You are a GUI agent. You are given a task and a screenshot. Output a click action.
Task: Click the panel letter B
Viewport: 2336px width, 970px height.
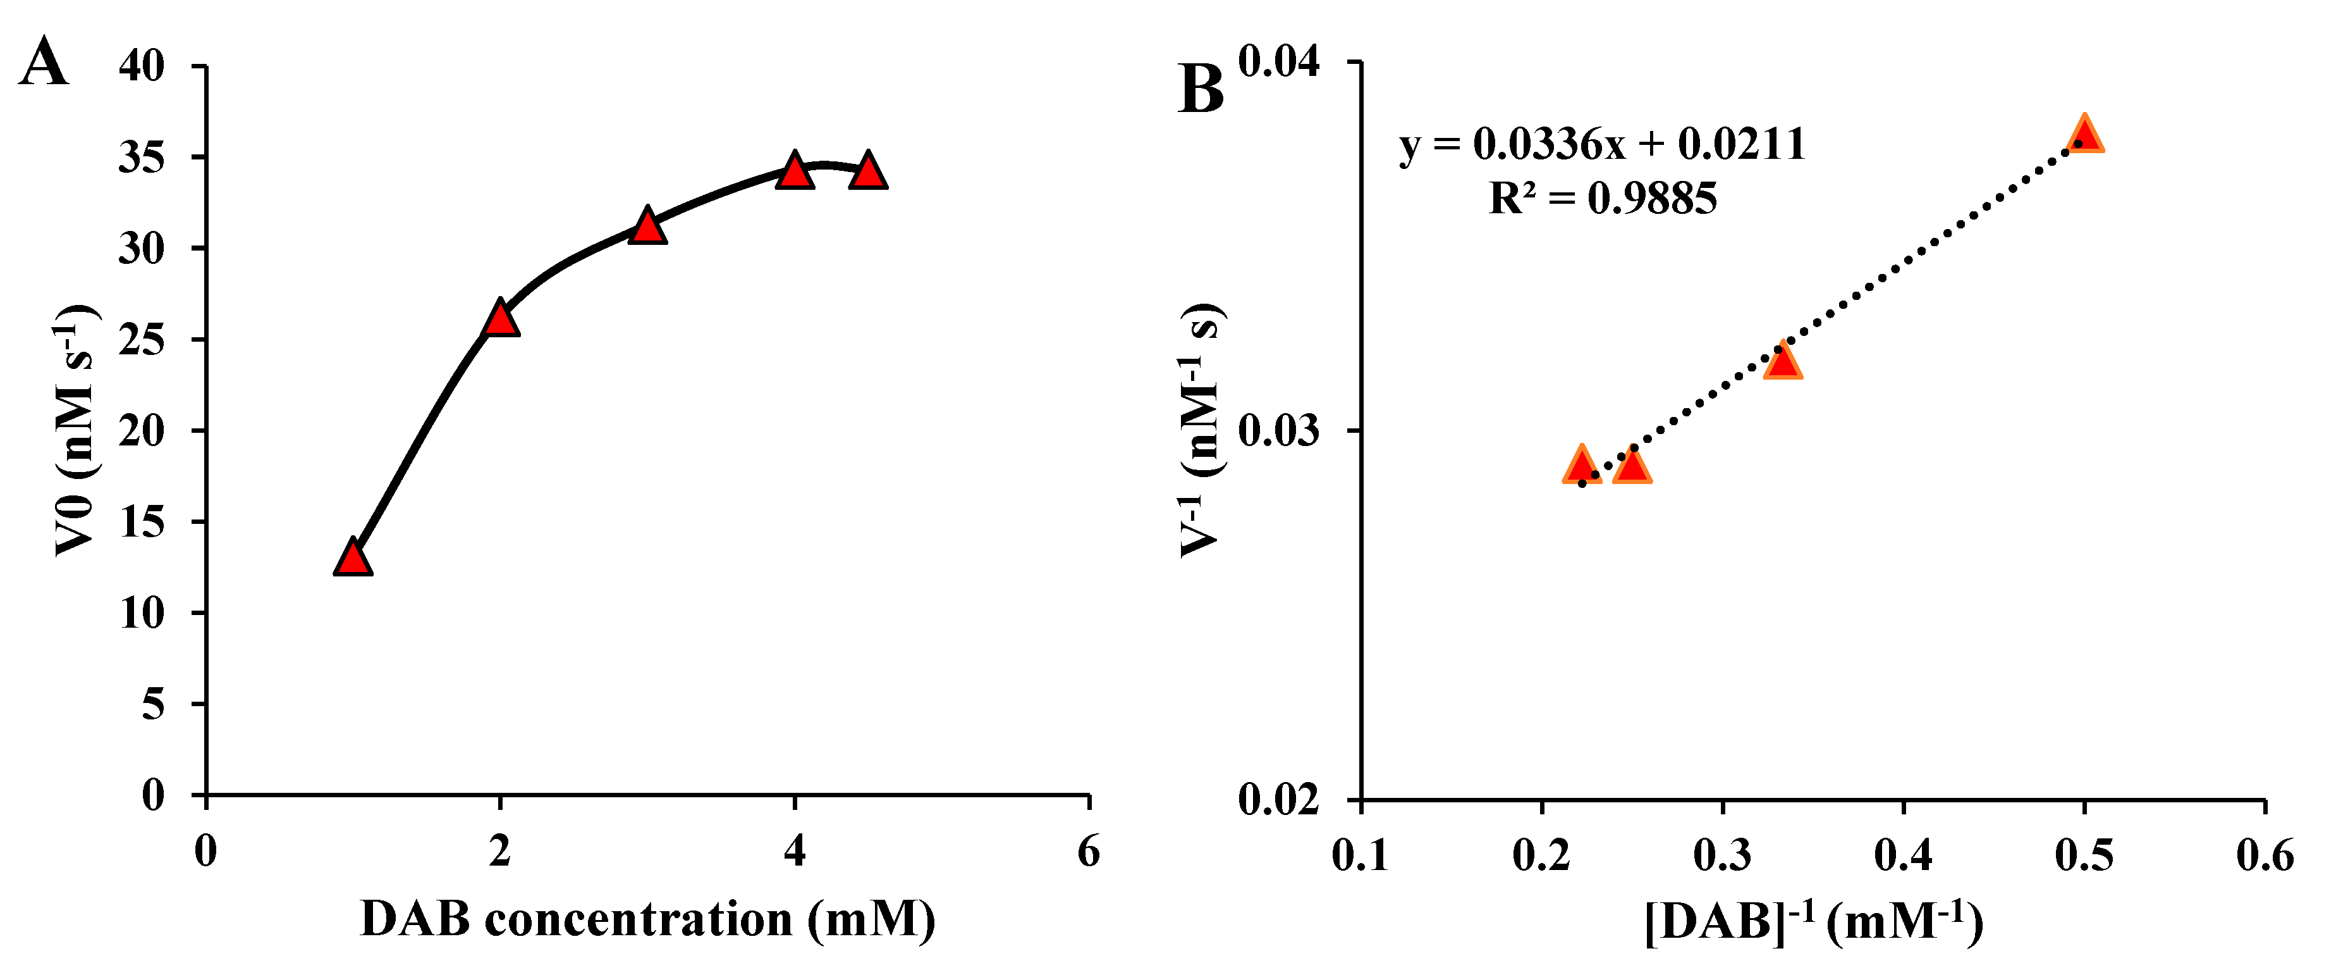(x=1201, y=90)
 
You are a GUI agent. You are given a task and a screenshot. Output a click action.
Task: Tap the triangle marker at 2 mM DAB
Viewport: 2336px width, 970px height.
(x=501, y=318)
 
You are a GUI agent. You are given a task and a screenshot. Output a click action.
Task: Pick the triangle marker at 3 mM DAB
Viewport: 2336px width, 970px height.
(x=647, y=226)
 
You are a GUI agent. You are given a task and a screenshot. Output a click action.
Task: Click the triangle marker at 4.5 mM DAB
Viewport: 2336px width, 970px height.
(x=868, y=171)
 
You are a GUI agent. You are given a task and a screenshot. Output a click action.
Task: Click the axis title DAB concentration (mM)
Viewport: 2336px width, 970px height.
(x=647, y=920)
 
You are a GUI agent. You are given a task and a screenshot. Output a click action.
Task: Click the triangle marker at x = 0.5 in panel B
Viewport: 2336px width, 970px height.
(x=2085, y=134)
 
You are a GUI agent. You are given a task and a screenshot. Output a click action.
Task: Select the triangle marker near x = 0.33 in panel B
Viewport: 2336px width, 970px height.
(x=1783, y=361)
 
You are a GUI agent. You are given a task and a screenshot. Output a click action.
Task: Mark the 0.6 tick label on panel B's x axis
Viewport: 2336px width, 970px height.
(x=2265, y=855)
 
